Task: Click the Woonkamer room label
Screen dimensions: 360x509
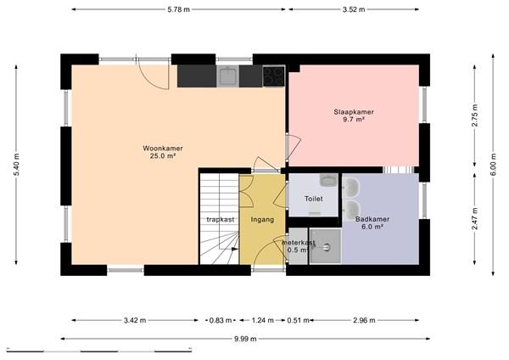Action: (162, 148)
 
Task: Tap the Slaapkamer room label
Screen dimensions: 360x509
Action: (354, 112)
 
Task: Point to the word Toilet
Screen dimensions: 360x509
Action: (313, 199)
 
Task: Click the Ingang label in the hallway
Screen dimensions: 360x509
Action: (262, 219)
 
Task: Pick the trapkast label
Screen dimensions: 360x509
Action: (220, 219)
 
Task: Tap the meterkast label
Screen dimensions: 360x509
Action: (298, 242)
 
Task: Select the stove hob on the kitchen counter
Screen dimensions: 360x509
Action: (273, 76)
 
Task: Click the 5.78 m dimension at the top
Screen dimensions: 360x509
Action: (178, 9)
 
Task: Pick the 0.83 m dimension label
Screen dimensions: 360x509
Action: (219, 320)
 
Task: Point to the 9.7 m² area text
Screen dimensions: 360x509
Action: (354, 121)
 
